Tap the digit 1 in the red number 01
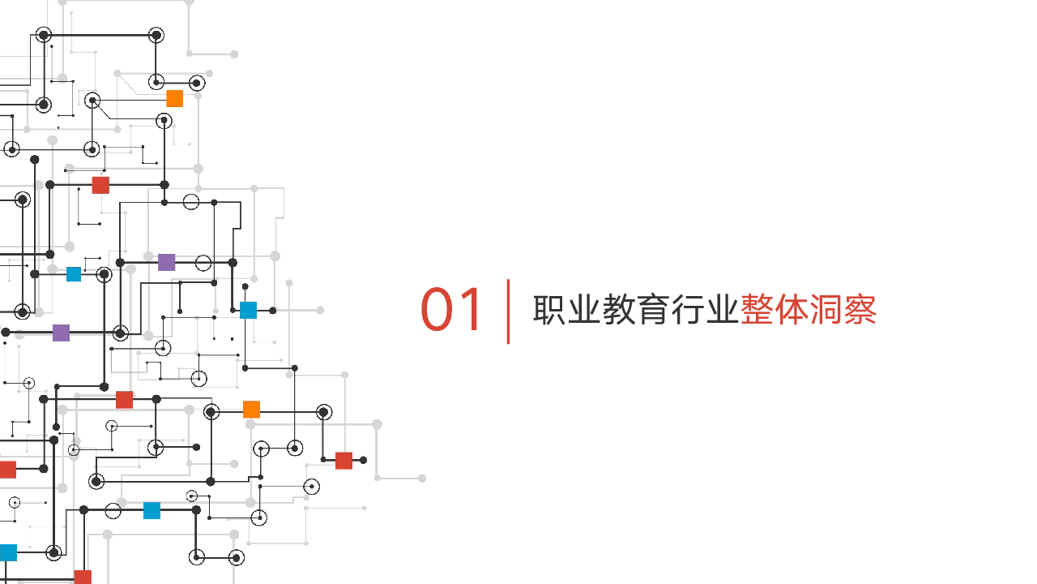click(472, 311)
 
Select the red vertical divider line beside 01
click(509, 311)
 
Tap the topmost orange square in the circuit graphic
click(175, 99)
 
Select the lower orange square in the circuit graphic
click(252, 410)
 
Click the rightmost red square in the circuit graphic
click(344, 461)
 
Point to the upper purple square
click(167, 262)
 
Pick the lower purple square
click(62, 333)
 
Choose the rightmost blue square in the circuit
click(249, 310)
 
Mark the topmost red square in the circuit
click(100, 185)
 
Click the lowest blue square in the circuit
click(8, 552)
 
